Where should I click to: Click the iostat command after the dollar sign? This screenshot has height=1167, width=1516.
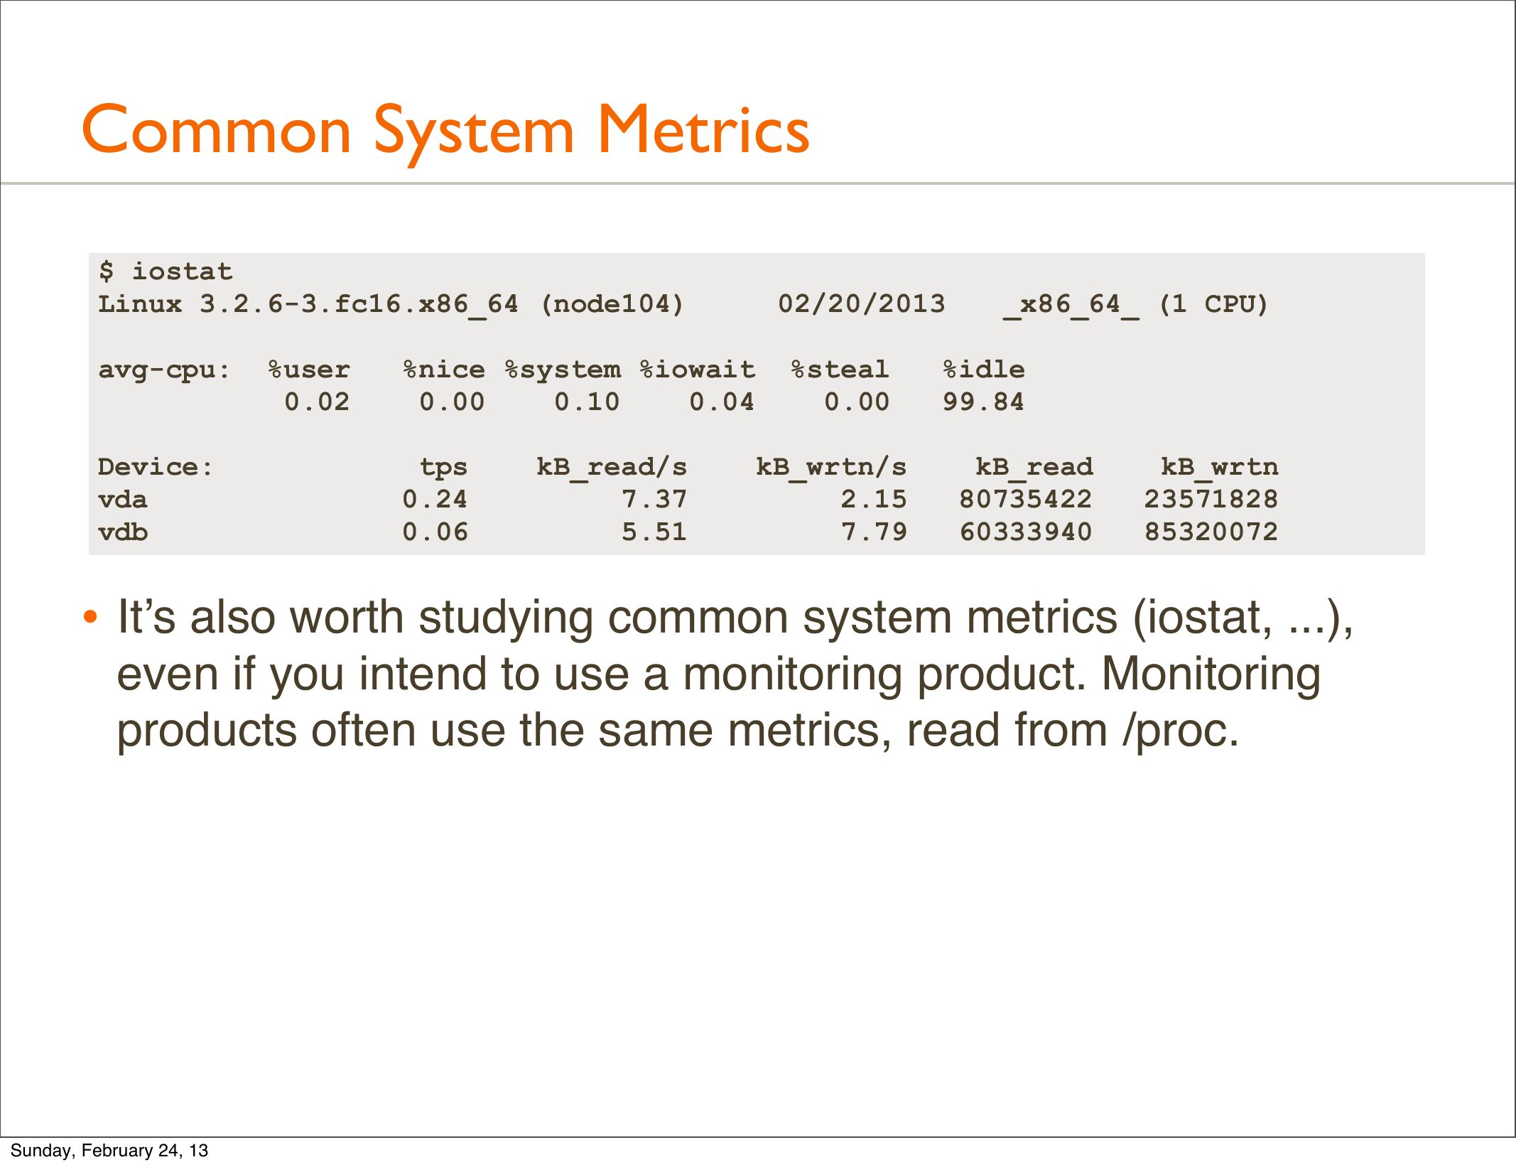tap(183, 271)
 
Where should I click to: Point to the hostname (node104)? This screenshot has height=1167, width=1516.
tap(612, 304)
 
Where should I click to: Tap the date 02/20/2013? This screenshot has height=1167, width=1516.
tap(862, 304)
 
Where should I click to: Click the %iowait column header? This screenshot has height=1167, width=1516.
tap(698, 370)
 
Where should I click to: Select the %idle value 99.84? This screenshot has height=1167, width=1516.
tap(983, 402)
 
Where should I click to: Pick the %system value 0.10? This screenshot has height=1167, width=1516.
tap(587, 402)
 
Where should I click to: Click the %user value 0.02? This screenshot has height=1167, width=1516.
tap(317, 402)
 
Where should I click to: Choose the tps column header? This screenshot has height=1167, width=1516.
tap(443, 468)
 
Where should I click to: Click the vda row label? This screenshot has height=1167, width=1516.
tap(123, 500)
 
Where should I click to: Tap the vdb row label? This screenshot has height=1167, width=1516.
tap(123, 532)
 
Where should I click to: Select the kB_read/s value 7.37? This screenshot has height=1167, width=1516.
tap(654, 500)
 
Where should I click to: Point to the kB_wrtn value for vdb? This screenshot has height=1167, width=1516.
tap(1211, 532)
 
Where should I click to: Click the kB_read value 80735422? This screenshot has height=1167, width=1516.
tap(1026, 500)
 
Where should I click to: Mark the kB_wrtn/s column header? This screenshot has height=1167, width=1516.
tap(831, 468)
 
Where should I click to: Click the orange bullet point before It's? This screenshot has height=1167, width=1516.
tap(90, 616)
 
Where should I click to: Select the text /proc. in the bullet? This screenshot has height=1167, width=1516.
tap(1181, 731)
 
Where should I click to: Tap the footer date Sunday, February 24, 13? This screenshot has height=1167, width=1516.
tap(109, 1150)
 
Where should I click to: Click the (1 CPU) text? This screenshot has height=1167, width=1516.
tap(1213, 304)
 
